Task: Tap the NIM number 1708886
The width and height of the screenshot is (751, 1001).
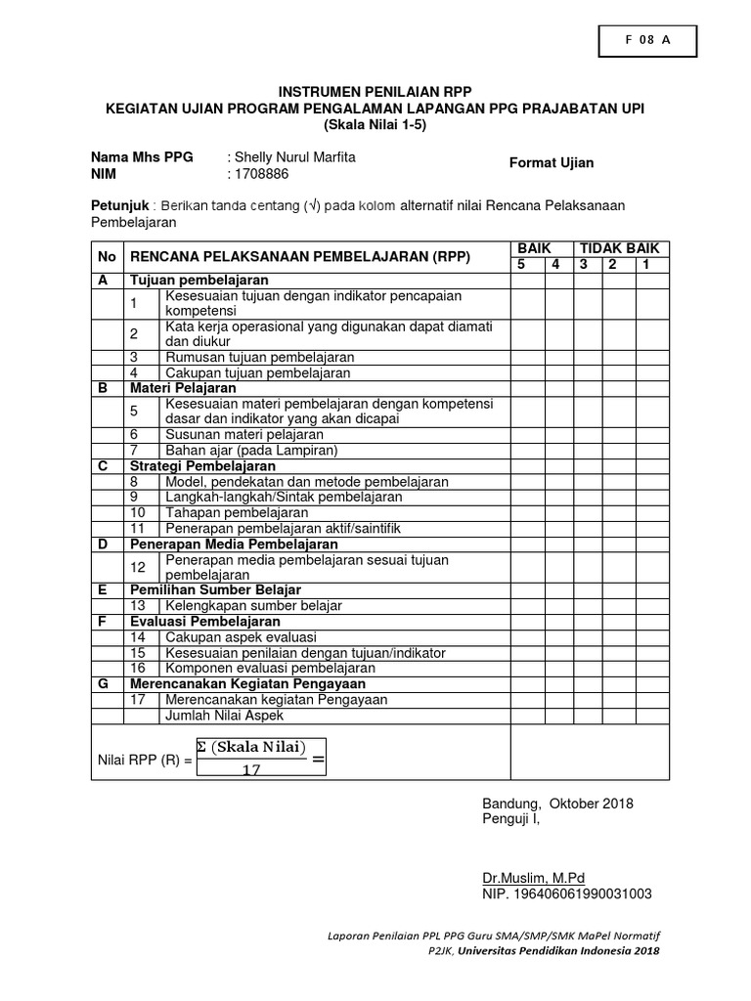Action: [261, 173]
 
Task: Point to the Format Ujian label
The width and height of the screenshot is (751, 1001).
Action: [551, 163]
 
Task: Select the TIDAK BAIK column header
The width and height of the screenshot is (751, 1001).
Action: [619, 249]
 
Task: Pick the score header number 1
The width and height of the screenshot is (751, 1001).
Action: [645, 265]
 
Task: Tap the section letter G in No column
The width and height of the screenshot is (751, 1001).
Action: [103, 683]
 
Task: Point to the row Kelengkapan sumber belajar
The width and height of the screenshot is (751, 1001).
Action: [254, 606]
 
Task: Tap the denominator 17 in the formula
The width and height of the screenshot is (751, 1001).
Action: [250, 769]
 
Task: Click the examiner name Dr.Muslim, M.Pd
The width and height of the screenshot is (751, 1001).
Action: [533, 878]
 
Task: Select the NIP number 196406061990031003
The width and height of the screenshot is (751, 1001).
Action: [567, 893]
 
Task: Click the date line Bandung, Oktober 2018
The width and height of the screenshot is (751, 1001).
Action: [557, 804]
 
